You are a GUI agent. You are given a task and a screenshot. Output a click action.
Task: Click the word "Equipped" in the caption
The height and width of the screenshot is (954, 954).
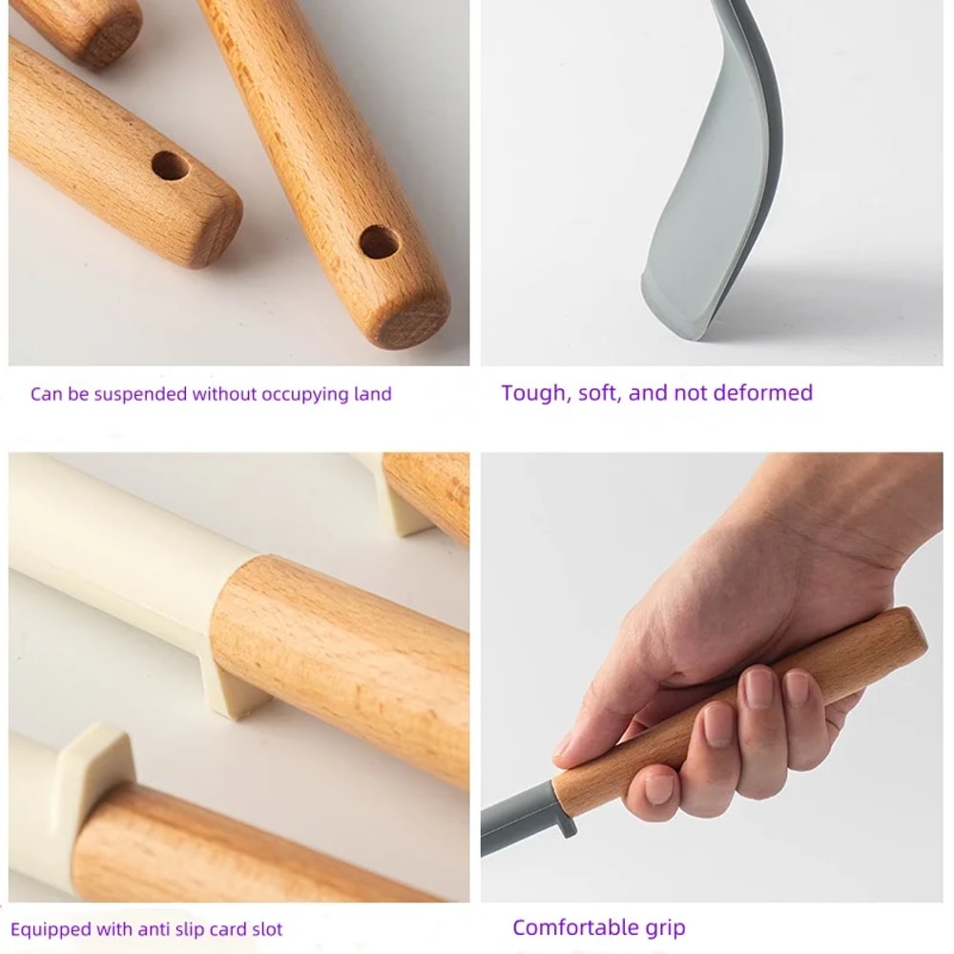pyautogui.click(x=52, y=929)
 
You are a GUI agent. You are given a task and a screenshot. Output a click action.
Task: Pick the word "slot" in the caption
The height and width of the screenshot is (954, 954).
pyautogui.click(x=264, y=929)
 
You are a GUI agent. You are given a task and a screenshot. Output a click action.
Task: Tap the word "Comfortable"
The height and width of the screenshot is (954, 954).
pyautogui.click(x=575, y=927)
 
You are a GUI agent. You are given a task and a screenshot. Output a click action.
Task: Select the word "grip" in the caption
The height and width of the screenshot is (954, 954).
pyautogui.click(x=664, y=928)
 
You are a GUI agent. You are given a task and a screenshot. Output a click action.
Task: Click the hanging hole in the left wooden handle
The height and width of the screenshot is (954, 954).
pyautogui.click(x=170, y=166)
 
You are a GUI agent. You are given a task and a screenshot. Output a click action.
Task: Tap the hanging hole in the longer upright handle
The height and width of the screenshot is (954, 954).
pyautogui.click(x=379, y=241)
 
